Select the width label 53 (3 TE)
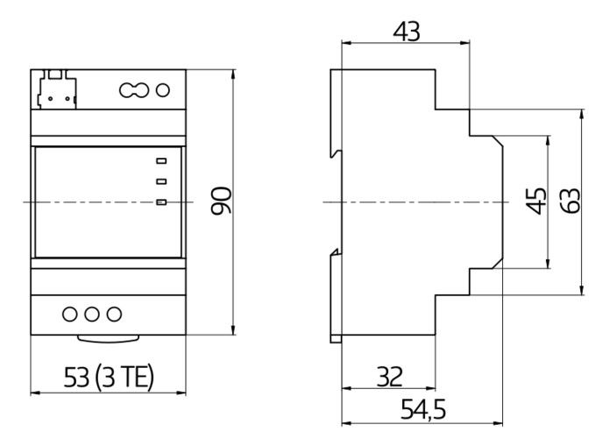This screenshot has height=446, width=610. pos(110,377)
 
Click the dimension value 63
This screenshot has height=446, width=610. pos(571,202)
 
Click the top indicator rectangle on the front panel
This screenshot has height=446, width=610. pos(161,160)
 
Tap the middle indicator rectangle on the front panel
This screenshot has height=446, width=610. pos(161,182)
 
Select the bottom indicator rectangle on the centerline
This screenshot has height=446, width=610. pos(161,203)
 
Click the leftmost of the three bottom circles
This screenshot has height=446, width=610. pos(69,314)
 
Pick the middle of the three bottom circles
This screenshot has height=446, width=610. pos(91,314)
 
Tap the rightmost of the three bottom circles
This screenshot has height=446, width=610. pos(113,314)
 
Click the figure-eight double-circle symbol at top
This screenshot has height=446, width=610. pos(131,89)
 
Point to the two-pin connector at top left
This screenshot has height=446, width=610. pos(55,89)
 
